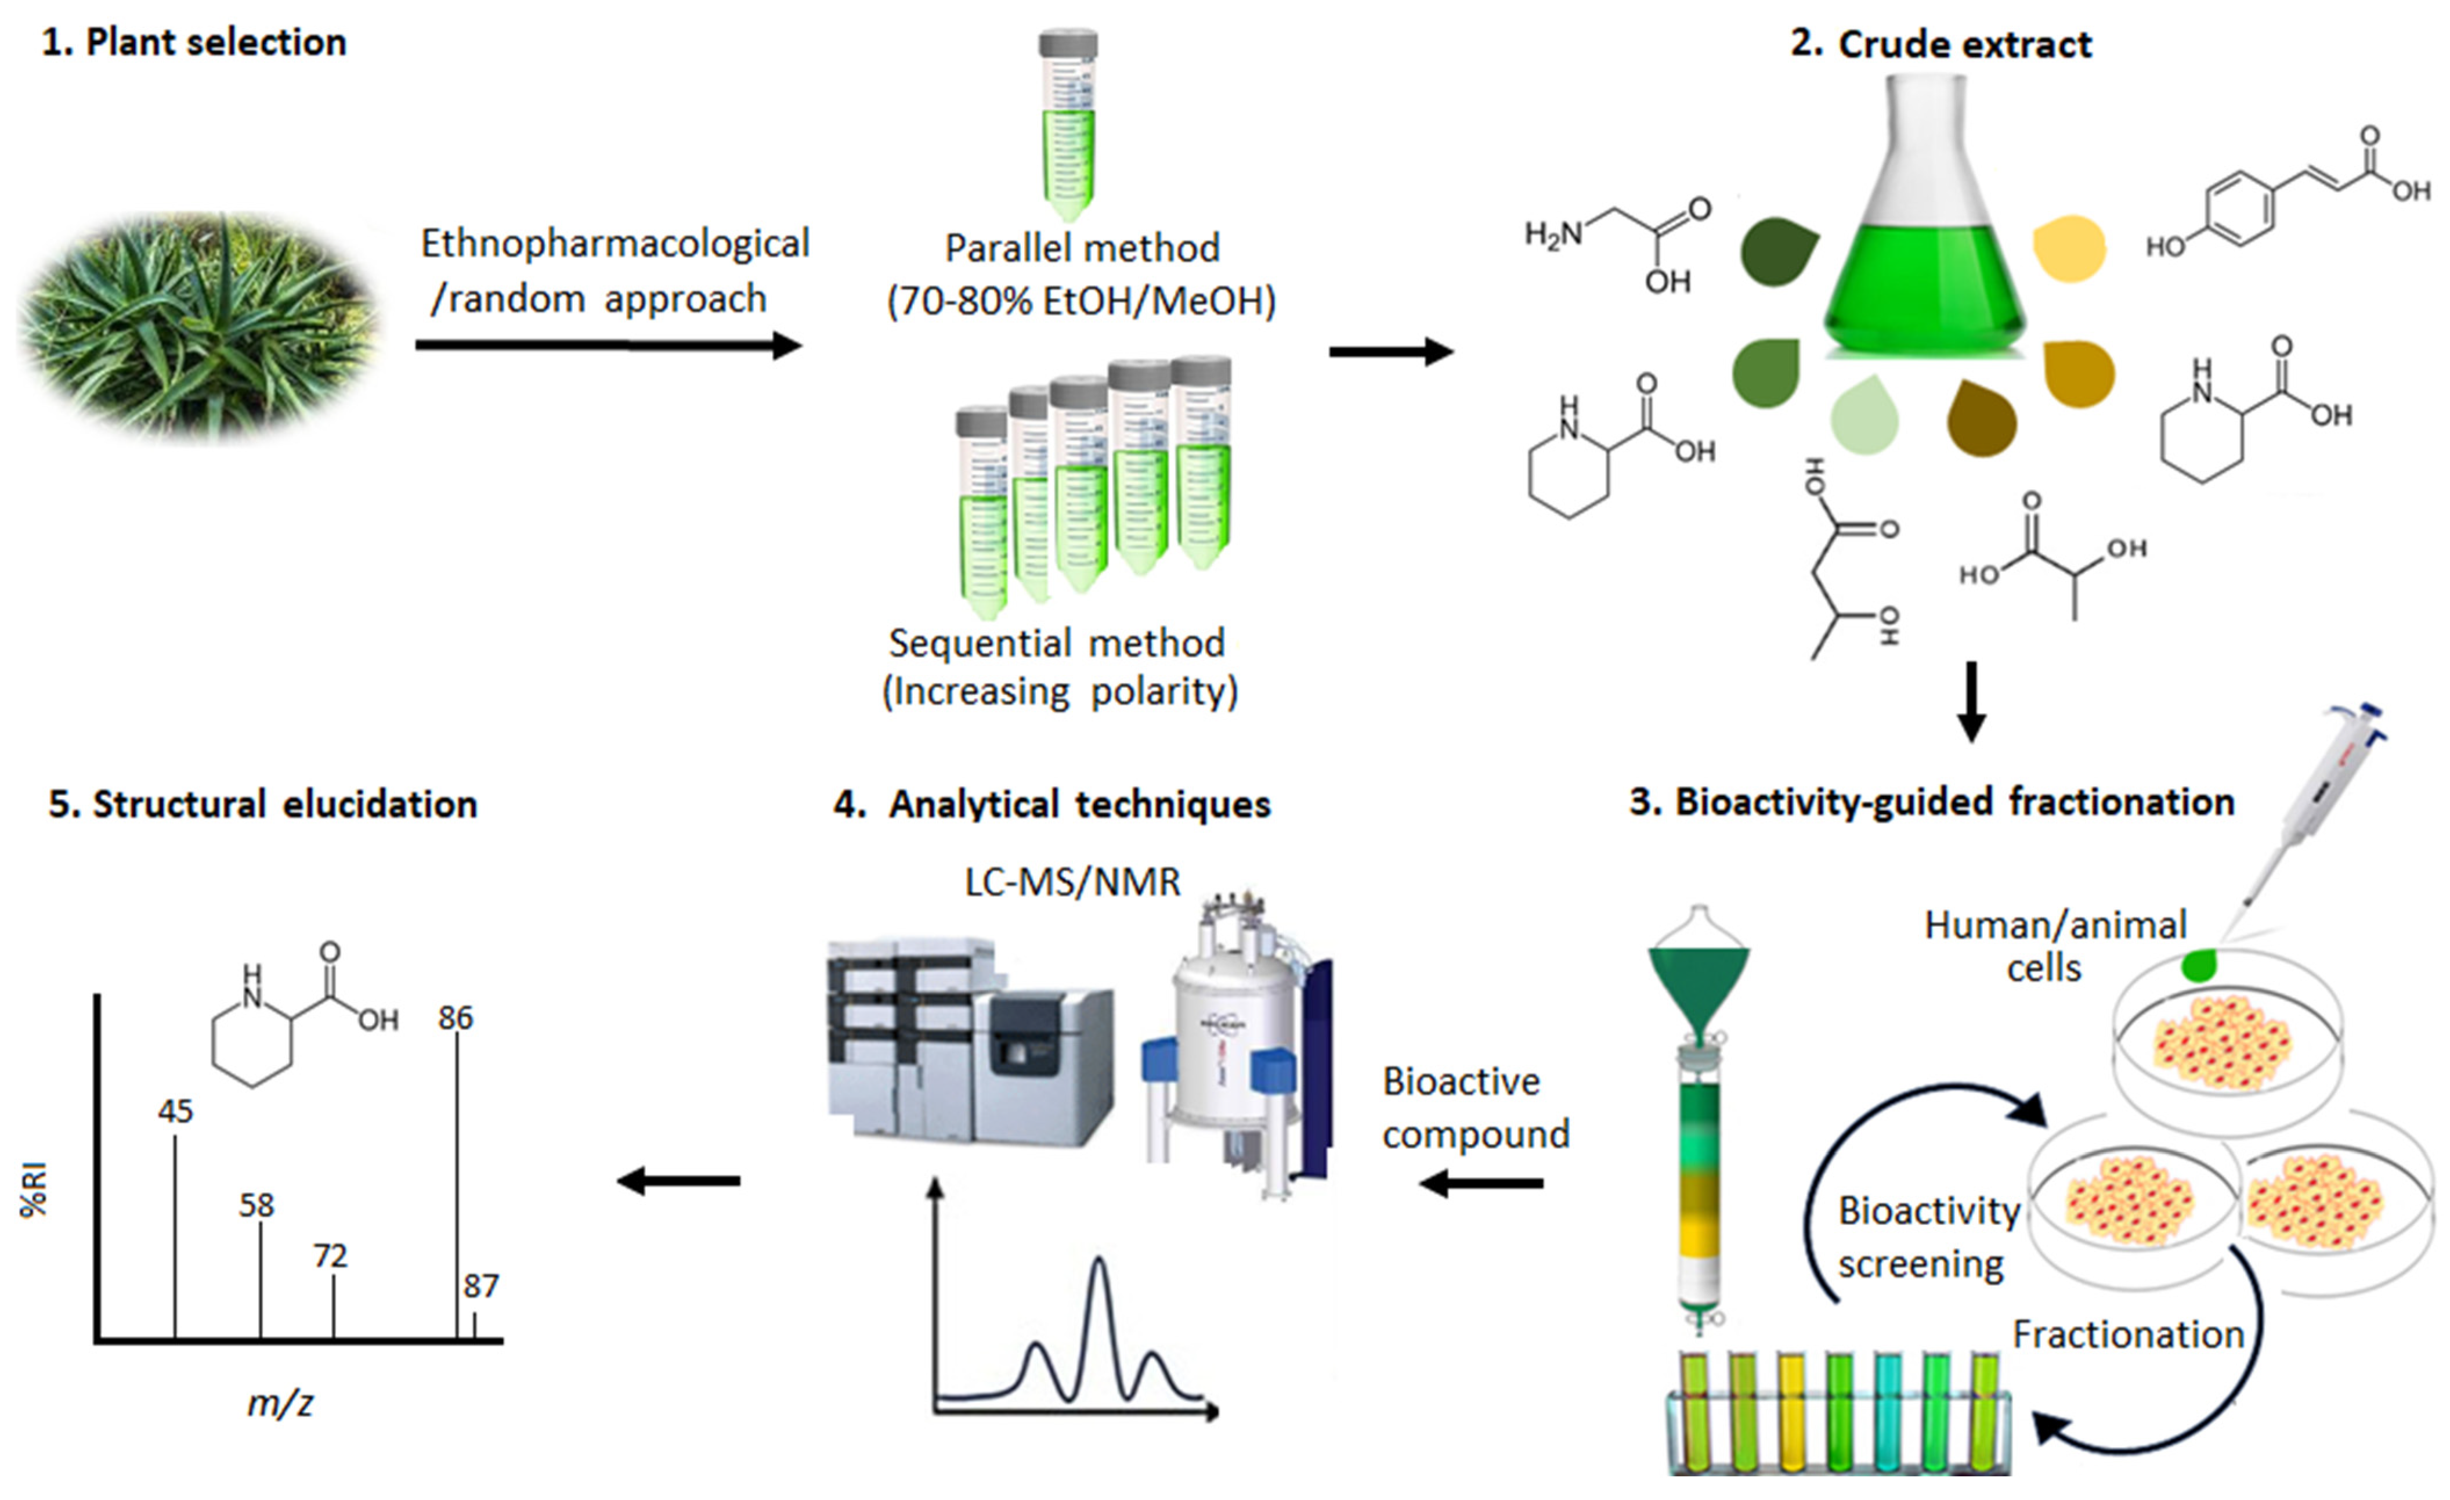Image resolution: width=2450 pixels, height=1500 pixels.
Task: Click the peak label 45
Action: [175, 1111]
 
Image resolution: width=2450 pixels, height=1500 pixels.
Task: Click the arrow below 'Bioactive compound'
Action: [1481, 1184]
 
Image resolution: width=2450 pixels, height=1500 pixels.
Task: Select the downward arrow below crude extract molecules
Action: [1971, 701]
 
